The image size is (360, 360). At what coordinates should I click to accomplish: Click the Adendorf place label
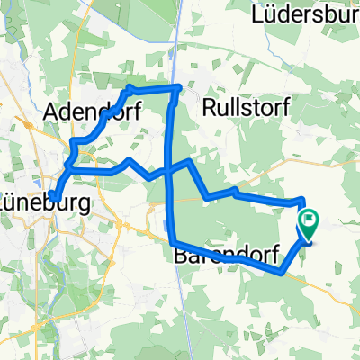[x=84, y=112]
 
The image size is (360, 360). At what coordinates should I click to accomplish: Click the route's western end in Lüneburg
[x=54, y=197]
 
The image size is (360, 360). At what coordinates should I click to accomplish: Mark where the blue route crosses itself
[x=171, y=169]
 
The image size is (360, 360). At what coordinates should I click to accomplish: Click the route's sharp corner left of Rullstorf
[x=182, y=87]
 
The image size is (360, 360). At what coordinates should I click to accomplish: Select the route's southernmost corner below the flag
[x=284, y=274]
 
